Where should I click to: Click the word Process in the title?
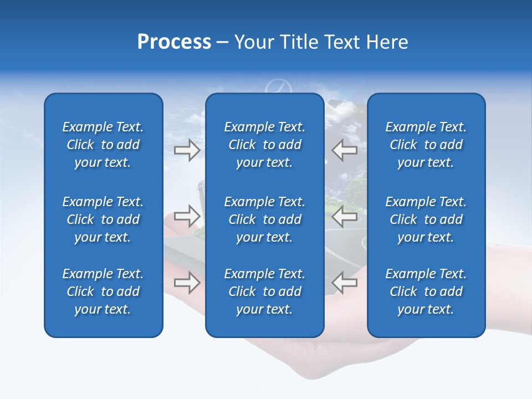174,42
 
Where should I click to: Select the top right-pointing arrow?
187,150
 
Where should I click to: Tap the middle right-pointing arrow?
187,216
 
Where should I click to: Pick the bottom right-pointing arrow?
187,283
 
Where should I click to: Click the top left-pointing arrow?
344,150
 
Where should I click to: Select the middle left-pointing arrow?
344,216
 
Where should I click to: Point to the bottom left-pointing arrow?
344,283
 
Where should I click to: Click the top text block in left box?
103,145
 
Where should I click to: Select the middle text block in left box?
103,219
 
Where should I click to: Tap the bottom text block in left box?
103,291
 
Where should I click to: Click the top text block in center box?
265,145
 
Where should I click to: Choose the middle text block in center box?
265,219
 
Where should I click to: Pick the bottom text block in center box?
265,291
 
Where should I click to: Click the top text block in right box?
426,145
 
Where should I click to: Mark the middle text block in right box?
426,219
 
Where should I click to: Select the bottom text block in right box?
426,291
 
